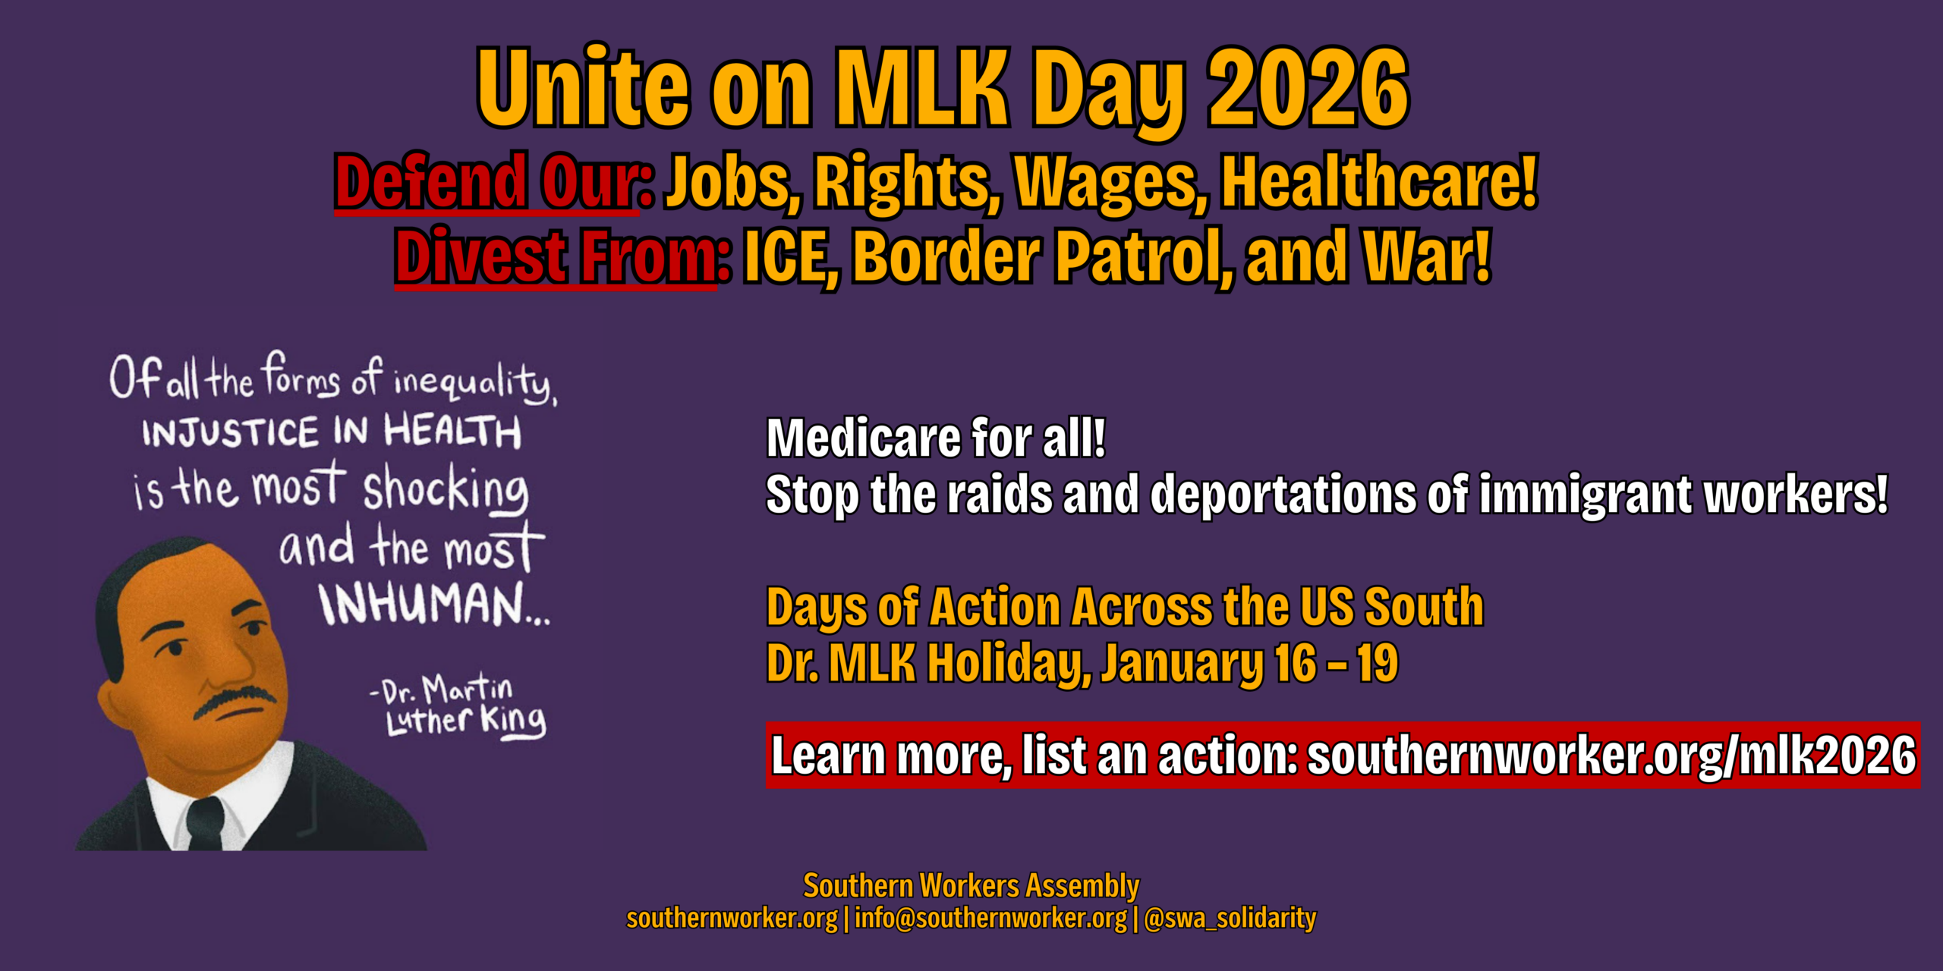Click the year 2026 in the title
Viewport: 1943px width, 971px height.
pyautogui.click(x=1308, y=87)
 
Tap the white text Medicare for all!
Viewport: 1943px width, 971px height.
pyautogui.click(x=936, y=438)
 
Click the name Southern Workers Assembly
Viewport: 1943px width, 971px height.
pyautogui.click(x=971, y=886)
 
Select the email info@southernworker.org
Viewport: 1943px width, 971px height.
pyautogui.click(x=990, y=919)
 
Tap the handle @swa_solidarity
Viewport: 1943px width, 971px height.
pyautogui.click(x=1230, y=919)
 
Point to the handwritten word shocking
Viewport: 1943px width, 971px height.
pyautogui.click(x=446, y=489)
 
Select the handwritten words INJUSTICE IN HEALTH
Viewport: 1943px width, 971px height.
pyautogui.click(x=332, y=432)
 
